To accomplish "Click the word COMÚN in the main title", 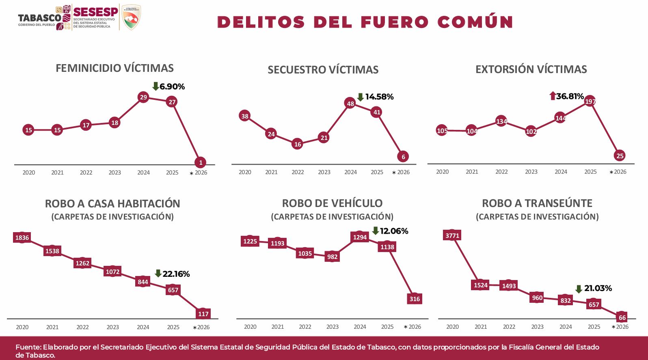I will click(475, 22).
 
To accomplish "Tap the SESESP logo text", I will click(95, 12).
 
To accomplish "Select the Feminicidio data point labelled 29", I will click(143, 97).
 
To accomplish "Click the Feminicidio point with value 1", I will click(201, 162).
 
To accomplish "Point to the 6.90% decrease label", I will click(172, 86).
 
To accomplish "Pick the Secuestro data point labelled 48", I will click(350, 103).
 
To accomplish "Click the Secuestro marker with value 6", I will click(403, 157).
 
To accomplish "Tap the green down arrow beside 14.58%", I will click(360, 97).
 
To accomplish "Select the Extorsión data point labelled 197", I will click(590, 101).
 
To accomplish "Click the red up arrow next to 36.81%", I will click(552, 96).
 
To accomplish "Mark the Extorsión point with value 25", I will click(620, 156).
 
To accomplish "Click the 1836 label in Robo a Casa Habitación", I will click(22, 238).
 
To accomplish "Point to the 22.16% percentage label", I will click(176, 274).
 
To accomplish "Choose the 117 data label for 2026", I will click(203, 314).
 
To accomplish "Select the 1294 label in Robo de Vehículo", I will click(360, 237).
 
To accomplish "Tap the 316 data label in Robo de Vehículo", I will click(415, 299).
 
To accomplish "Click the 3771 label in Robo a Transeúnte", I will click(452, 235).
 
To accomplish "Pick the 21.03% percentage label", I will click(598, 288).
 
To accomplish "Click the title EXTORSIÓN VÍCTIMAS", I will click(531, 69).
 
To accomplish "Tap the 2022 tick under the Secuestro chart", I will click(298, 172).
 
